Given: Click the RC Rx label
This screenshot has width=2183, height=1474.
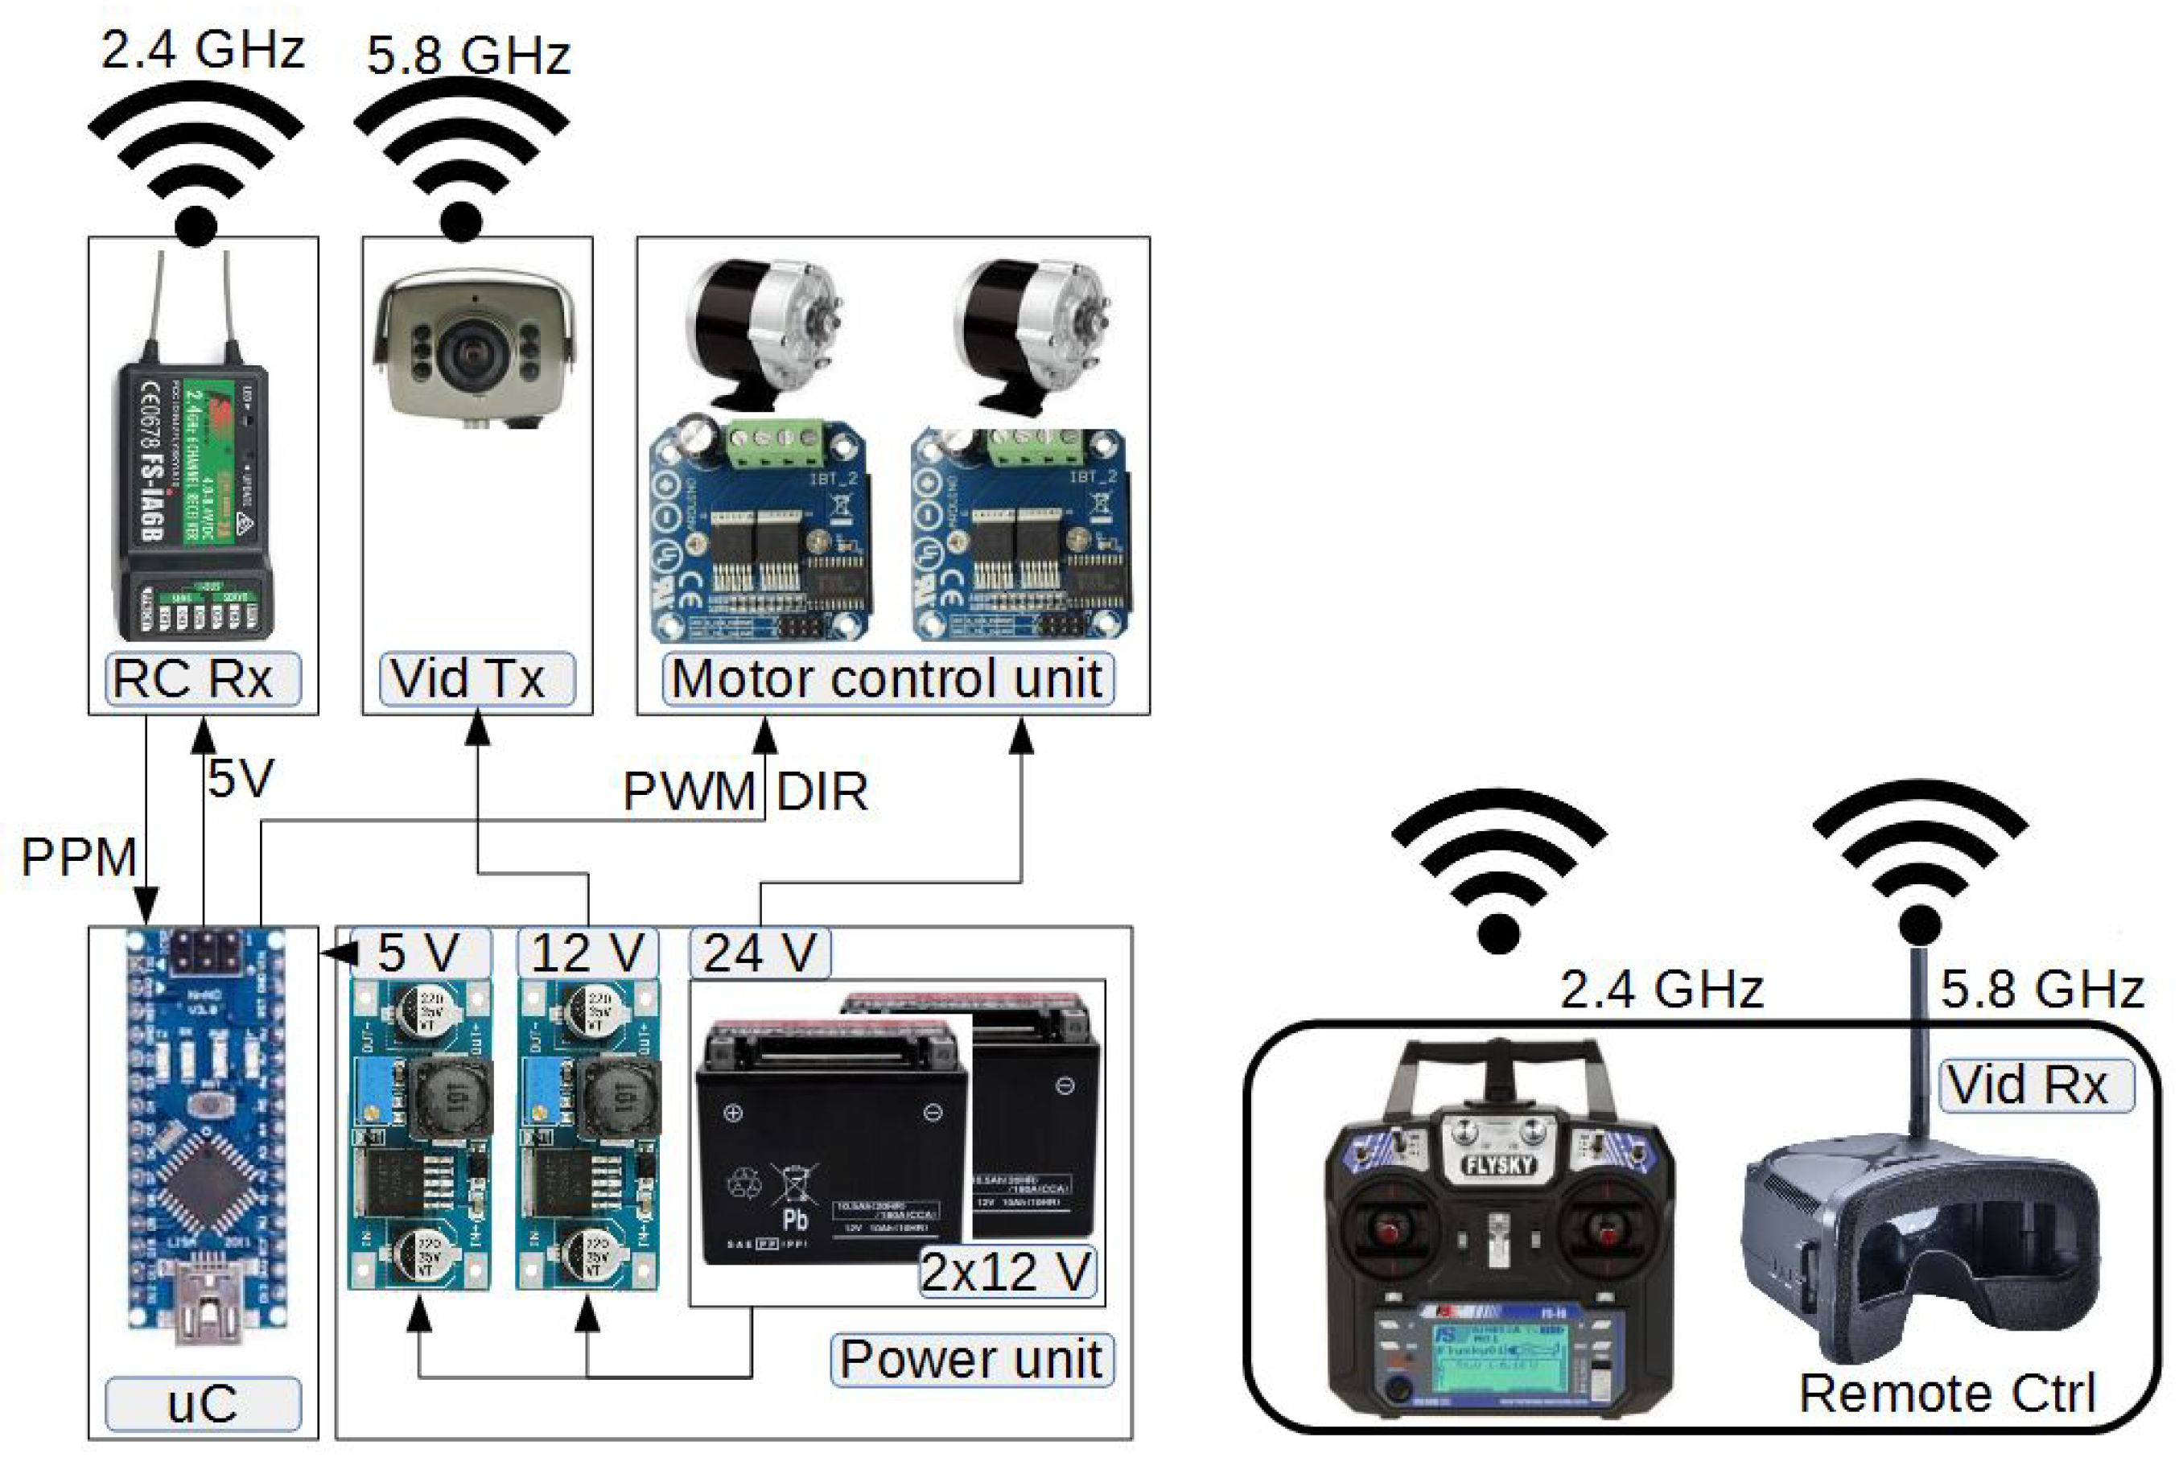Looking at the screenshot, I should (192, 678).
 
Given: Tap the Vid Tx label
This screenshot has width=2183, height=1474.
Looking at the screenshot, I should (467, 678).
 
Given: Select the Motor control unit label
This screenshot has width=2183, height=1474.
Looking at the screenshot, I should (887, 678).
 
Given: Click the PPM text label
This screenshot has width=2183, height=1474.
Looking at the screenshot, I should (79, 857).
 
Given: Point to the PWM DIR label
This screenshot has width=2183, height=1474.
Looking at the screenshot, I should (744, 791).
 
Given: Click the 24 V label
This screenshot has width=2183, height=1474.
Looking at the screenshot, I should (759, 953).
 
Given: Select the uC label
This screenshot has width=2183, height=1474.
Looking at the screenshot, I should (202, 1403).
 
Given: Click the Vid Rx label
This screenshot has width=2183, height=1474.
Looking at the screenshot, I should (2027, 1085).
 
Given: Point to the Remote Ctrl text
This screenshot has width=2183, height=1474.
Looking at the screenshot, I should (1946, 1392).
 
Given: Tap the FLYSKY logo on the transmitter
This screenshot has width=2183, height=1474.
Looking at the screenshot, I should (1498, 1166).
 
